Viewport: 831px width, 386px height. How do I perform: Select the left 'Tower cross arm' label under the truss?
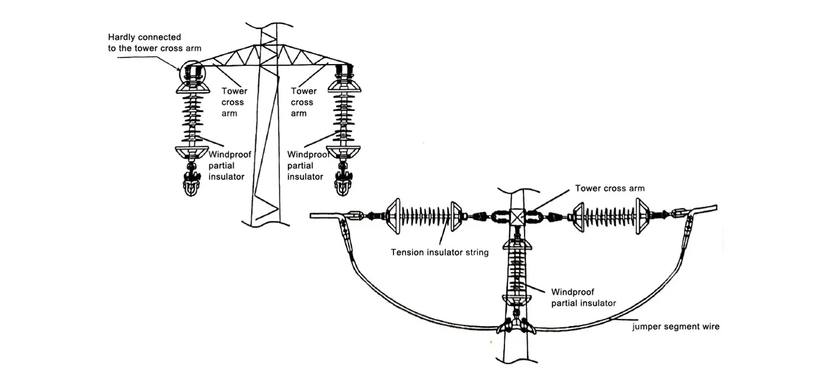pos(234,102)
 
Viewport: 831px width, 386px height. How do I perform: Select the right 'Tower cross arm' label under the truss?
pos(303,102)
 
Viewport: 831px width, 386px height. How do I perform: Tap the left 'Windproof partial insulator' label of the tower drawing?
pos(230,165)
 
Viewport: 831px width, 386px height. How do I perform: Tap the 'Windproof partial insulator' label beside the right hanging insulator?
pos(308,165)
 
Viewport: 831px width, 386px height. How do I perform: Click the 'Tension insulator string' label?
pos(439,252)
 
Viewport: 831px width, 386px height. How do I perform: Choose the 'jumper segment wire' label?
pos(675,327)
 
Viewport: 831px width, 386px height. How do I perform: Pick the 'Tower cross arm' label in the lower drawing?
pos(610,188)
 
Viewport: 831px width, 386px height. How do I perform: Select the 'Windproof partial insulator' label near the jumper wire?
pos(583,298)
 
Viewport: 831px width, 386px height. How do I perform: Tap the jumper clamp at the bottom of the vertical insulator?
pos(514,325)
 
